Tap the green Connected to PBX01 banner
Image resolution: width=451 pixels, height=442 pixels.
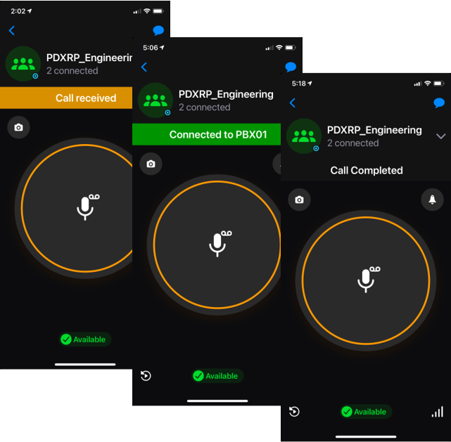pos(207,135)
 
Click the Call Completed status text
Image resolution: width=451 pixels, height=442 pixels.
pos(367,170)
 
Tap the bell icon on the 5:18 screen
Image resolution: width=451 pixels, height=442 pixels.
pos(432,200)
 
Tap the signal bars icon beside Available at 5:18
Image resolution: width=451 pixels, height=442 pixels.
pos(437,412)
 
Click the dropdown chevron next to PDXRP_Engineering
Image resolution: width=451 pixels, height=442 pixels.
pos(440,136)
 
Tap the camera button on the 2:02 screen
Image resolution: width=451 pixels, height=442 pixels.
pos(18,127)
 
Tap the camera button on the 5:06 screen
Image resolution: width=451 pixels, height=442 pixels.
pos(151,164)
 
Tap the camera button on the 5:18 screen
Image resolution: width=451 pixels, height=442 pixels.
pos(299,200)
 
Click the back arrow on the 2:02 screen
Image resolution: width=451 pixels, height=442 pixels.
pos(12,31)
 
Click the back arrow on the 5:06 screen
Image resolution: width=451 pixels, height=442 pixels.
pos(144,67)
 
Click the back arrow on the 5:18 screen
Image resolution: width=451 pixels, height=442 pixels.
pos(293,103)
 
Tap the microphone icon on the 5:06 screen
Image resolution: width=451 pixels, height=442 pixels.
pos(217,243)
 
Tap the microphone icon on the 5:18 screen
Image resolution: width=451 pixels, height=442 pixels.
pos(366,280)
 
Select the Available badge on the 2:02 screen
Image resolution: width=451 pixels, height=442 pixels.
pos(84,339)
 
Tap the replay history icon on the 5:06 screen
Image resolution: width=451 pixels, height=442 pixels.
pos(146,376)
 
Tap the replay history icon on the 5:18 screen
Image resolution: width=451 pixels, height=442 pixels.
pos(294,412)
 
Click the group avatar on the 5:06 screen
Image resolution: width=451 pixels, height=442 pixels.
pos(155,100)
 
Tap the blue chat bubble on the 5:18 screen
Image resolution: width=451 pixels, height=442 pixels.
pos(439,103)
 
